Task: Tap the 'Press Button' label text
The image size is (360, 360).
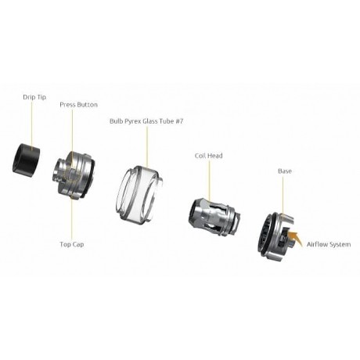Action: pyautogui.click(x=78, y=104)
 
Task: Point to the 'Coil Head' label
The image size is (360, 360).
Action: pyautogui.click(x=209, y=156)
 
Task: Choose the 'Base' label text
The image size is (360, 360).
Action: pyautogui.click(x=285, y=171)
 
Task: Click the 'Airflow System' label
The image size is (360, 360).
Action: pyautogui.click(x=329, y=244)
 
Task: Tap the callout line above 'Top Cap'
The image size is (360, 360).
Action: pyautogui.click(x=72, y=219)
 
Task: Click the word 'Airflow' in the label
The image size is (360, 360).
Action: pyautogui.click(x=319, y=244)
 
